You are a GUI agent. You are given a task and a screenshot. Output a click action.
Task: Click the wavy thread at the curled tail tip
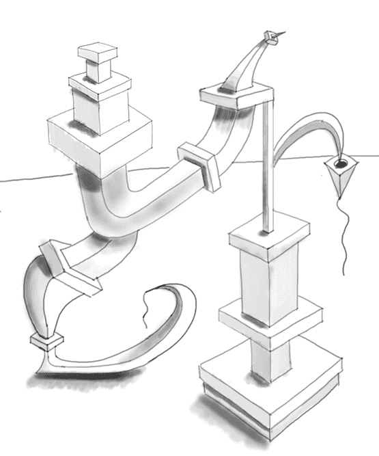click(145, 304)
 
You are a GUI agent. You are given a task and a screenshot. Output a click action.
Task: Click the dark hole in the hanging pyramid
click(341, 164)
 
